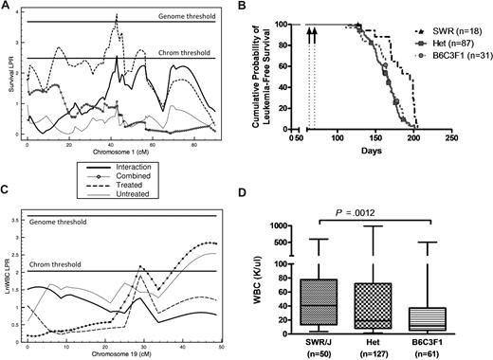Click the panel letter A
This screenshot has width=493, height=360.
point(7,8)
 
